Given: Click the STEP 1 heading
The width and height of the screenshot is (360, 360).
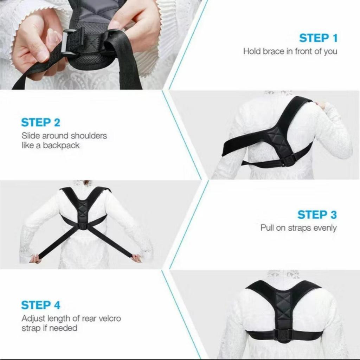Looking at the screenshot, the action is pyautogui.click(x=319, y=38).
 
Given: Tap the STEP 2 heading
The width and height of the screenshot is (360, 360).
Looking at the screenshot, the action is pyautogui.click(x=41, y=122).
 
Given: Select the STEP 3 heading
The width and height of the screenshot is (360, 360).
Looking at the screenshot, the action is pyautogui.click(x=317, y=215).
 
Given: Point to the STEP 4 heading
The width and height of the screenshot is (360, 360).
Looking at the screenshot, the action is pyautogui.click(x=41, y=305).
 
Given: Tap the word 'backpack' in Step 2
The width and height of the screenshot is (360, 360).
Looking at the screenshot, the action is pyautogui.click(x=61, y=145).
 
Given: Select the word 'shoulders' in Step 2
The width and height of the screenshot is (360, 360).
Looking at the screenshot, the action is pyautogui.click(x=89, y=136).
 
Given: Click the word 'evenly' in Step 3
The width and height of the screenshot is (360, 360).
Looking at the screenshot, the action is pyautogui.click(x=325, y=228).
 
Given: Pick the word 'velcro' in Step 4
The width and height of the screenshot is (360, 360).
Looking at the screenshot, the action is pyautogui.click(x=110, y=319).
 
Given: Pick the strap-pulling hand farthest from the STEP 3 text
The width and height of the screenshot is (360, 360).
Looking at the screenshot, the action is pyautogui.click(x=35, y=259).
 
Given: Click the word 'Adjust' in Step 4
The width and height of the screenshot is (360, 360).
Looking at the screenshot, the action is pyautogui.click(x=33, y=319).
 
